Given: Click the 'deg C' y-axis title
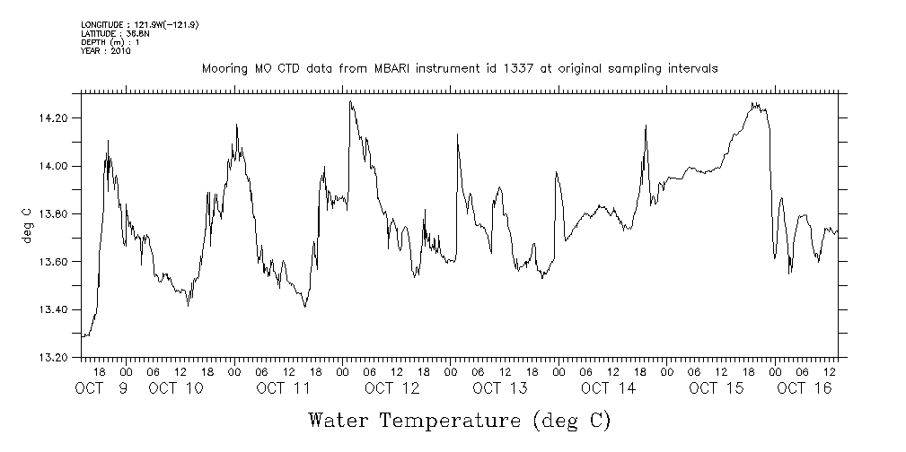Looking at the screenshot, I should coord(27,226).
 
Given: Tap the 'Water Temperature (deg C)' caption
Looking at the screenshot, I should coord(459,420).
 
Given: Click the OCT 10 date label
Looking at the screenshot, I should coord(176,388).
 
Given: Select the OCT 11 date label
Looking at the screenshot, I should coord(284,388).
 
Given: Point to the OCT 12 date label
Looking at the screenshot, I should coord(392,388).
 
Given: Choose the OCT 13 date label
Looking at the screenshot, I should coord(500,388).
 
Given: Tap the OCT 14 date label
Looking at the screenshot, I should coord(608,388).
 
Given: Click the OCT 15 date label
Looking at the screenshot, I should coord(717,388).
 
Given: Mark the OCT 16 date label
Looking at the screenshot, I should coord(805,388).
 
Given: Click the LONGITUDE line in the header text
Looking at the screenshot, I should coord(139,25).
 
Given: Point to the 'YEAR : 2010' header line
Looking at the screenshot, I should coord(106,51).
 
